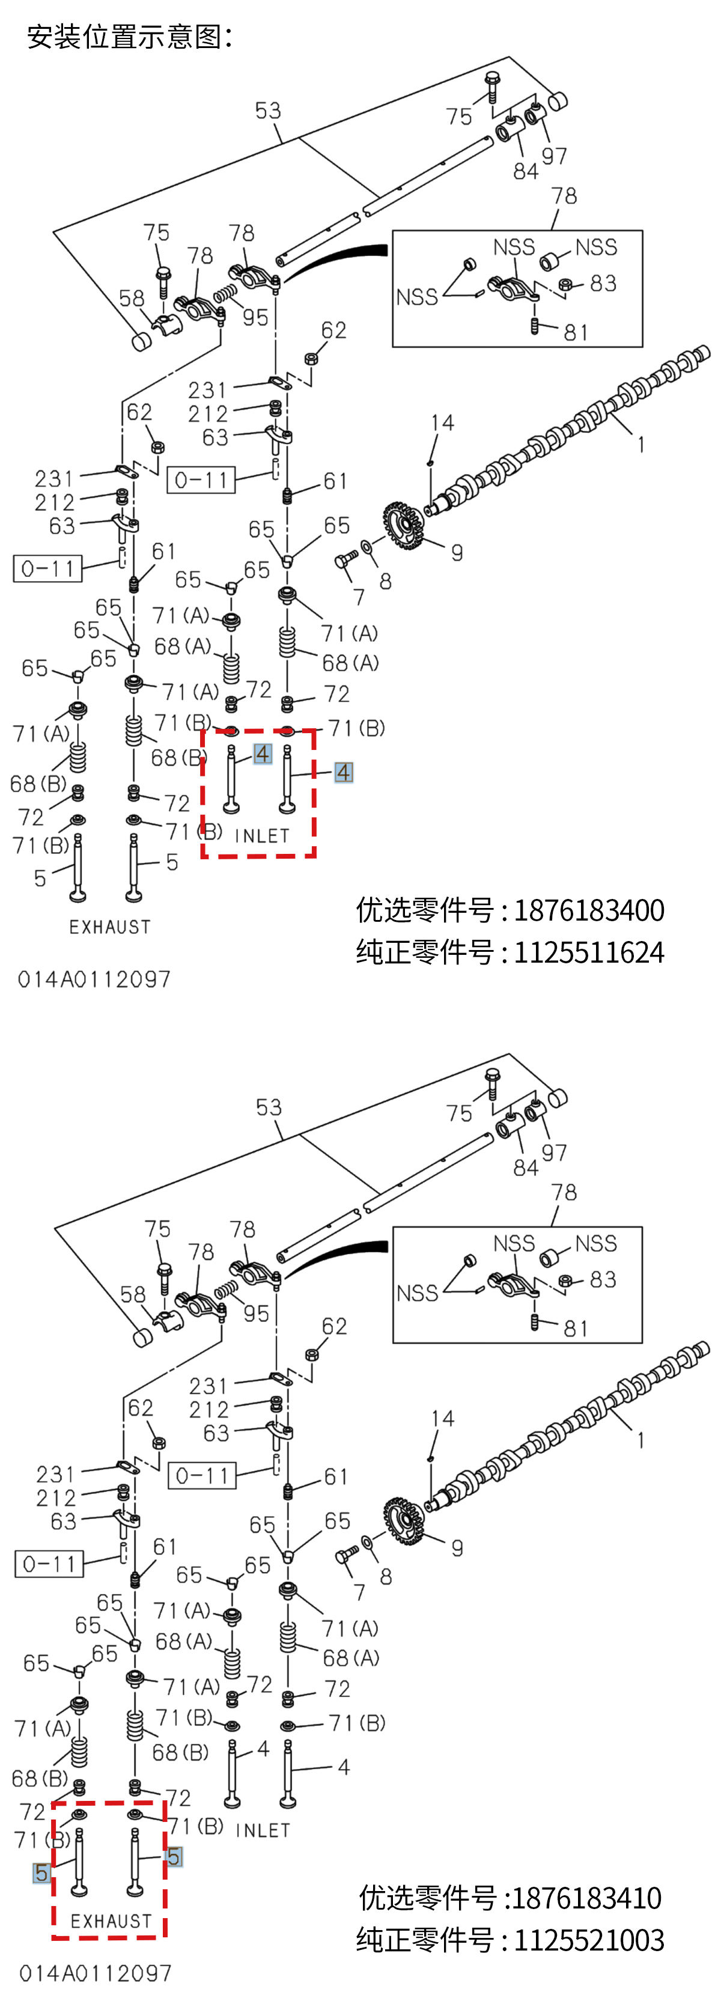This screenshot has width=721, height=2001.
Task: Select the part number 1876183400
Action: click(x=588, y=910)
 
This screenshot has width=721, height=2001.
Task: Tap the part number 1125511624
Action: click(x=588, y=952)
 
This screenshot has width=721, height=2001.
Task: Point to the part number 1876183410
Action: click(x=586, y=1898)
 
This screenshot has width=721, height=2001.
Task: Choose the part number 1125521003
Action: click(x=588, y=1940)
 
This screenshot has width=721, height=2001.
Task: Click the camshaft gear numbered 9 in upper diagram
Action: click(x=403, y=525)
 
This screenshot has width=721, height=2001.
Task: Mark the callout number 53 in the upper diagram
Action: click(x=268, y=111)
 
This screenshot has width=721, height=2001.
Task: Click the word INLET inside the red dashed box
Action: click(x=262, y=836)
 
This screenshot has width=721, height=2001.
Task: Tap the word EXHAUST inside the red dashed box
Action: click(x=111, y=1921)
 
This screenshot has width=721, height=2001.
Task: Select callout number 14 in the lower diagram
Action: click(x=442, y=1418)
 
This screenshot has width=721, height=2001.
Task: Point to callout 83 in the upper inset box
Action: click(x=602, y=284)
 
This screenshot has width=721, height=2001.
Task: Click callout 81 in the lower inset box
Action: click(x=576, y=1329)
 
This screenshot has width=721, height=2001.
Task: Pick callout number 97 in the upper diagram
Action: click(x=554, y=156)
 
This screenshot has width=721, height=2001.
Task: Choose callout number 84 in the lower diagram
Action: click(x=525, y=1168)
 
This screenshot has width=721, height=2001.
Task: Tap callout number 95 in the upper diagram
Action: click(x=255, y=318)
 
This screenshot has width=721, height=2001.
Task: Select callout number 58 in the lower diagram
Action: click(x=133, y=1294)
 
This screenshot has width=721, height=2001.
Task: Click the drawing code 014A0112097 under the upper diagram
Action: click(x=94, y=979)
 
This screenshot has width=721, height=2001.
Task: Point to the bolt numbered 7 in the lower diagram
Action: click(x=345, y=1556)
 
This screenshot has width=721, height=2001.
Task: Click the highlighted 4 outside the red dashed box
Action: click(x=342, y=772)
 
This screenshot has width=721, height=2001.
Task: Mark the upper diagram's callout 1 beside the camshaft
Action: click(x=640, y=445)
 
